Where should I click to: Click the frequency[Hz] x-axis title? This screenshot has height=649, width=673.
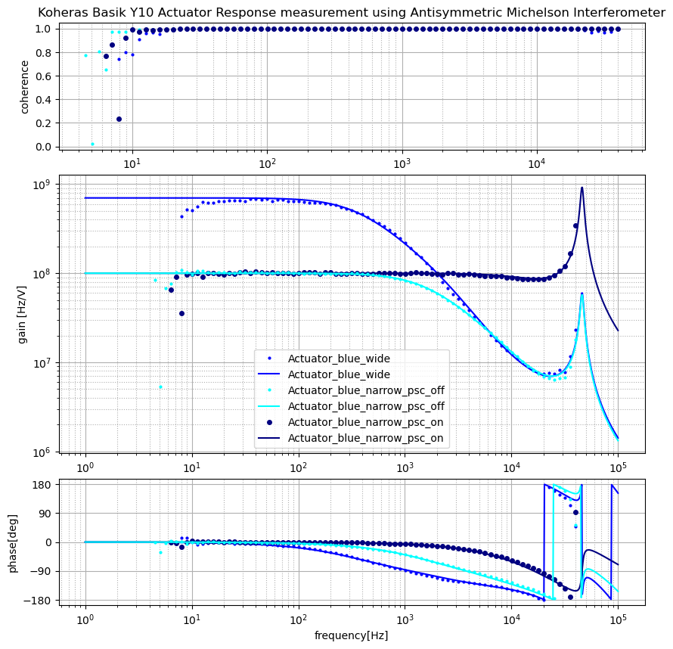pyautogui.click(x=352, y=635)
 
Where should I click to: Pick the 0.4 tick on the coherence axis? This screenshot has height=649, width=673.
pyautogui.click(x=44, y=100)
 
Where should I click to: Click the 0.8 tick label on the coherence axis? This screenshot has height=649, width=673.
pyautogui.click(x=44, y=53)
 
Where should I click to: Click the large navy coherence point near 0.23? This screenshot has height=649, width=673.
pyautogui.click(x=119, y=119)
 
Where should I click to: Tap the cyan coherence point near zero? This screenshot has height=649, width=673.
pyautogui.click(x=92, y=144)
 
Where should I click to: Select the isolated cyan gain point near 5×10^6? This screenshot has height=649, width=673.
pyautogui.click(x=160, y=387)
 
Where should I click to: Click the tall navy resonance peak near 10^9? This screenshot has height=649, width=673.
pyautogui.click(x=582, y=188)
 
